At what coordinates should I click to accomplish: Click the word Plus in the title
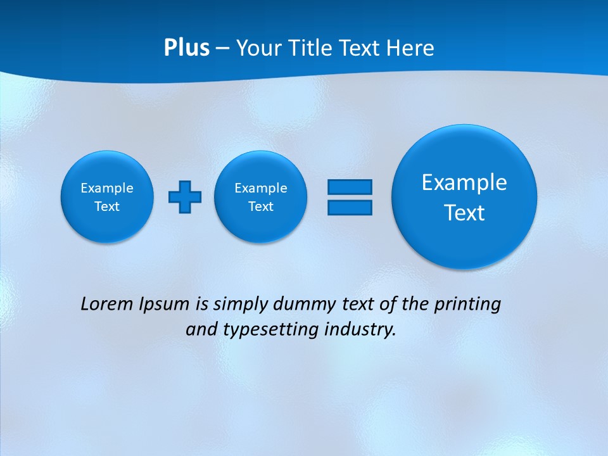coord(186,48)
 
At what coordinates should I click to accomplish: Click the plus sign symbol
coord(185,196)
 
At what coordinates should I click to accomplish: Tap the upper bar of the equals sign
coord(350,187)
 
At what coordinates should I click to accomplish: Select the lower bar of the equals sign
coord(350,207)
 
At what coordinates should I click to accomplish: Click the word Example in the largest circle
coord(464,182)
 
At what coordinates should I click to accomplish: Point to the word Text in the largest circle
coord(464,213)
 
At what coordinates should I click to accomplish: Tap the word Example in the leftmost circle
coord(107,188)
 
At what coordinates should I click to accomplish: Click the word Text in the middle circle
coord(261,206)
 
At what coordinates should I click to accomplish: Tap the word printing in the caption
coord(469,305)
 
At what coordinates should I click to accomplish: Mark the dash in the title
coord(222,48)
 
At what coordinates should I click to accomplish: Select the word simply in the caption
coord(239,305)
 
